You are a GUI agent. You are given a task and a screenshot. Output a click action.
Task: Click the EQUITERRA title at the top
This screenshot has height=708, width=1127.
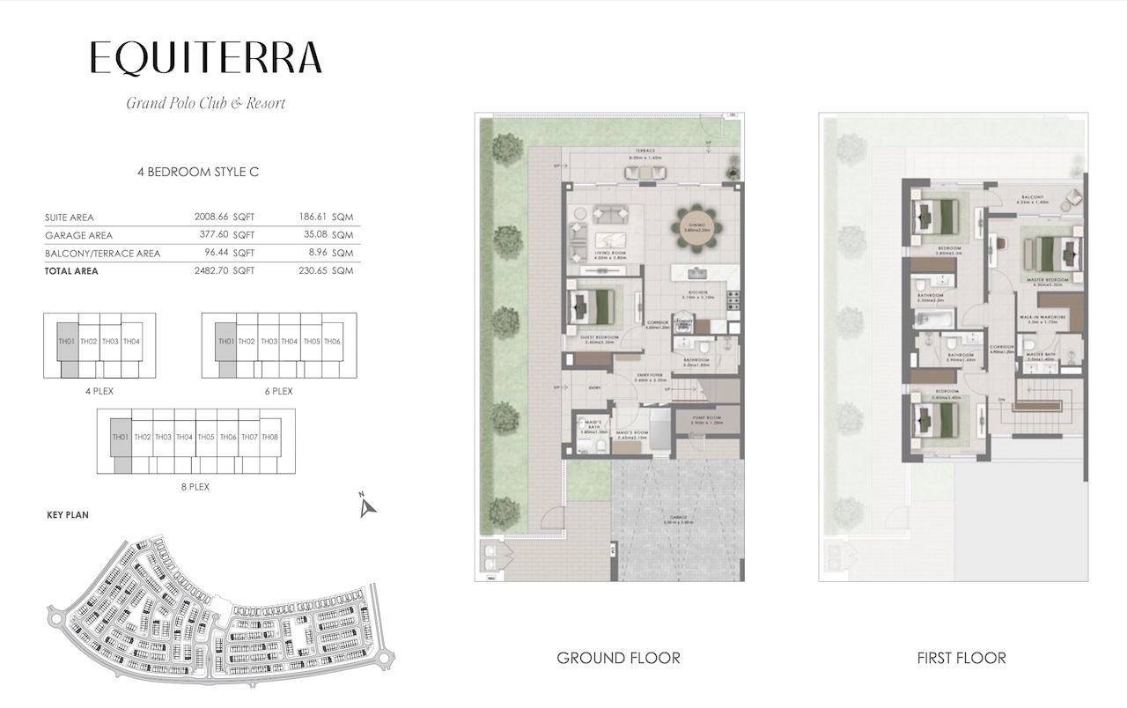click(x=206, y=58)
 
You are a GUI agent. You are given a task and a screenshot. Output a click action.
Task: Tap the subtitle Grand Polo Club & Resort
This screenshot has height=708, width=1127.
click(x=206, y=103)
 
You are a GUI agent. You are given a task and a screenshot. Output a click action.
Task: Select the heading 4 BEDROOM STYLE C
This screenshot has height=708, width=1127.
click(x=198, y=173)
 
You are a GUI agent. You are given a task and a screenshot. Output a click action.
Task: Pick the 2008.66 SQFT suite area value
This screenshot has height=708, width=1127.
click(x=224, y=218)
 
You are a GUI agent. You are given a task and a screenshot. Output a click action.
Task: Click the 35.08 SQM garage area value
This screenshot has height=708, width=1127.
click(x=331, y=235)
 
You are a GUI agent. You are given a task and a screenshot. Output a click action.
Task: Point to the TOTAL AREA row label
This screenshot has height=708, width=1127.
click(x=71, y=271)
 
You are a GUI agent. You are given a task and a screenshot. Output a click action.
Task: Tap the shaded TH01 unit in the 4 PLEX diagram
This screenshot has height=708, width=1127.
click(x=65, y=342)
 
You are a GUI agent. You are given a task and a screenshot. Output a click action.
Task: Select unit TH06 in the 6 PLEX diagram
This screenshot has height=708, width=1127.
click(x=332, y=342)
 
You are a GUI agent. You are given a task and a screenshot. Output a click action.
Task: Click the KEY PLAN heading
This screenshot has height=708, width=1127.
click(x=67, y=514)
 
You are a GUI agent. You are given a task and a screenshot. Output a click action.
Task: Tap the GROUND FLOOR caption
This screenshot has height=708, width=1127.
click(x=618, y=658)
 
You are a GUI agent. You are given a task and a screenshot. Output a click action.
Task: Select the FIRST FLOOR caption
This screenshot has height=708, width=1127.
click(x=961, y=658)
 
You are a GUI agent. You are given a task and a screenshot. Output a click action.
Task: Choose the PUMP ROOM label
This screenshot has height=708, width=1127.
click(x=707, y=417)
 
